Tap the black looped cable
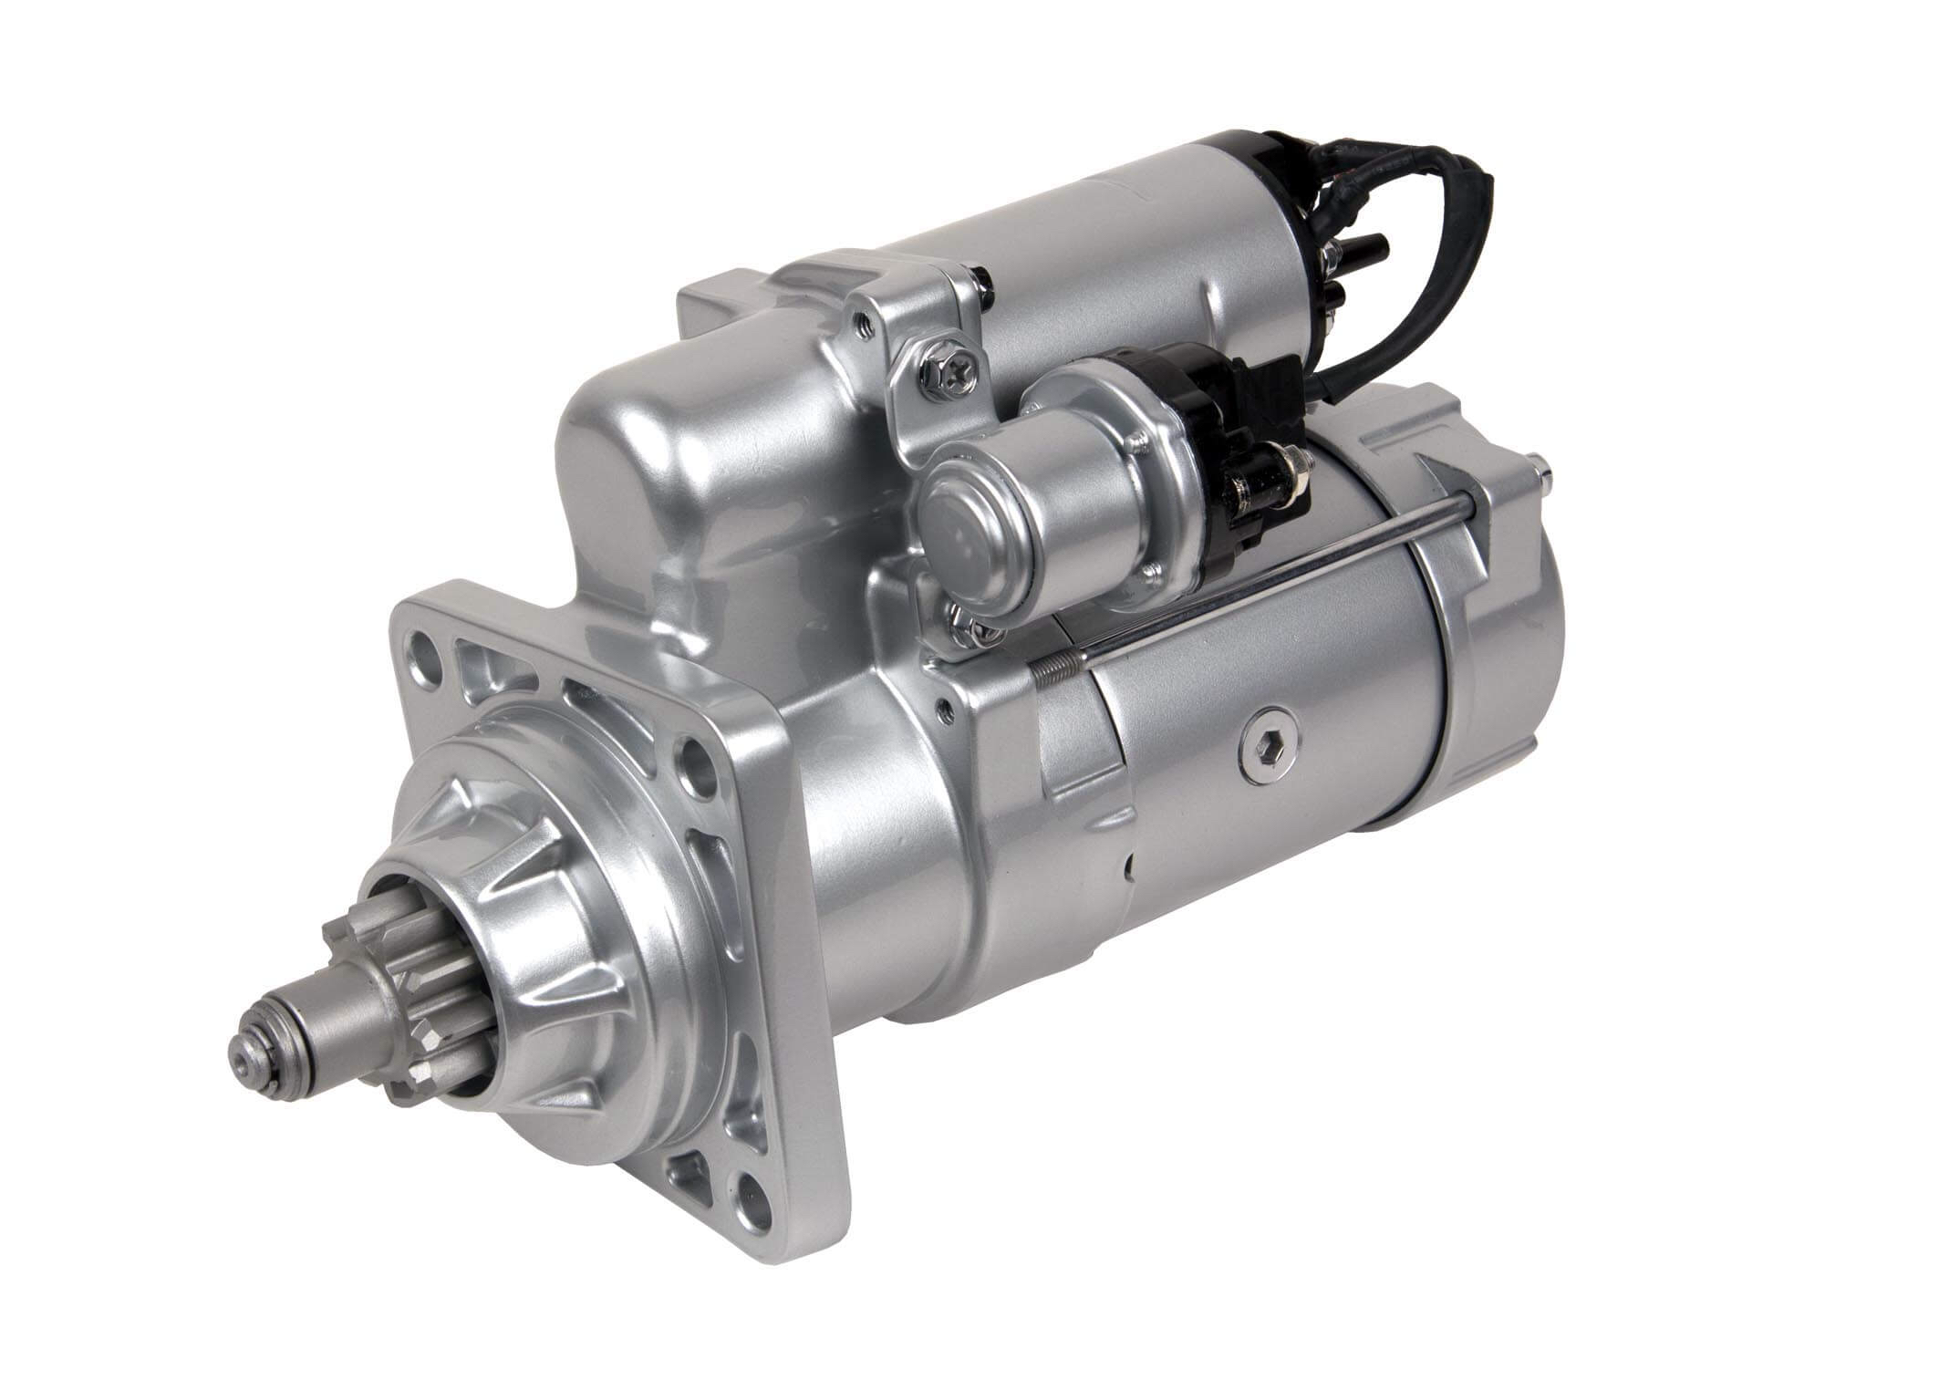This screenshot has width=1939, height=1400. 1368,246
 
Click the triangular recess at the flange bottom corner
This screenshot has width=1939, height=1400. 691,1165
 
